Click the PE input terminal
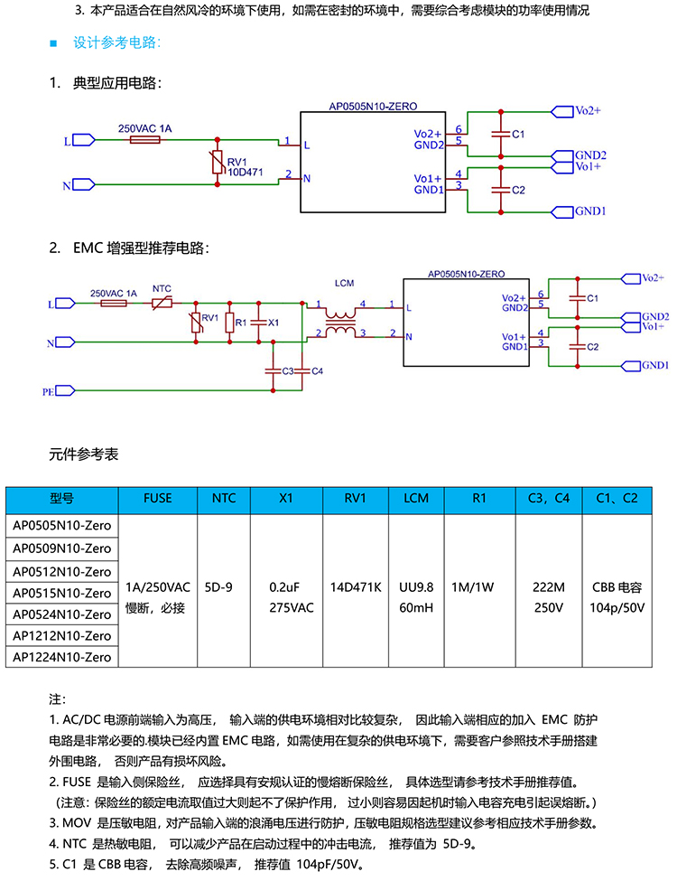[65, 390]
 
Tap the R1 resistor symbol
[229, 323]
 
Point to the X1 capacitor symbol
[258, 323]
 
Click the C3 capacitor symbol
[273, 370]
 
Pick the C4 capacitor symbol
[302, 370]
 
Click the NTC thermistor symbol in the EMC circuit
[162, 304]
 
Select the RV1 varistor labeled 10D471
[218, 162]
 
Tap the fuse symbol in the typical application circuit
[144, 139]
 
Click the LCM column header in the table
[416, 499]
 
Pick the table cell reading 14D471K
[356, 587]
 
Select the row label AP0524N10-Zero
[61, 614]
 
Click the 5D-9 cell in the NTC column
[218, 587]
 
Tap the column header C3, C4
[549, 499]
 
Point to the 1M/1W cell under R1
[473, 587]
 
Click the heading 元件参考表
[84, 454]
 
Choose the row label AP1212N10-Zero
[61, 635]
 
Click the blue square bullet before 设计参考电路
[53, 43]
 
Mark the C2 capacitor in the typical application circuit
[501, 190]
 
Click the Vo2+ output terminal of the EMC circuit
[631, 278]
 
